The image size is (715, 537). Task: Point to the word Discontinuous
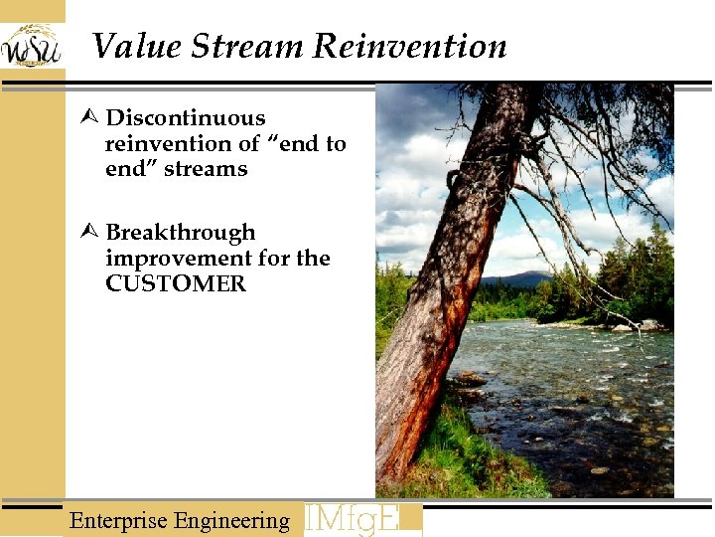185,118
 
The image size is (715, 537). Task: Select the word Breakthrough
180,233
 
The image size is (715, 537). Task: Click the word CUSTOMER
175,283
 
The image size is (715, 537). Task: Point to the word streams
206,169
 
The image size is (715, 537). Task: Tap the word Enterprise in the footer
118,521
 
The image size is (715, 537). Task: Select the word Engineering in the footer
231,521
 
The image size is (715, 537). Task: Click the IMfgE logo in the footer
361,519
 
